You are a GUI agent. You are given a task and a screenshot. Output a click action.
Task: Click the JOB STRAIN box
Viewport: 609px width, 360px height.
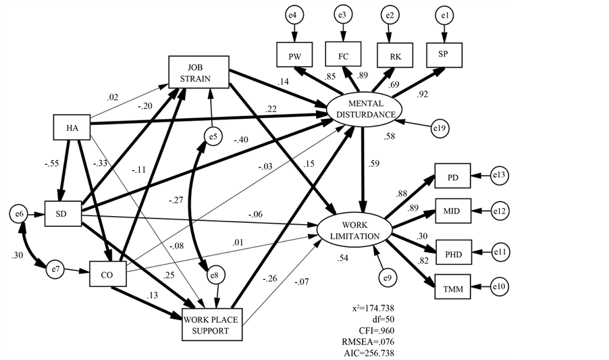(200, 70)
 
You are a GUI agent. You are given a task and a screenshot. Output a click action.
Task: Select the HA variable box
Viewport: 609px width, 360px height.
(72, 128)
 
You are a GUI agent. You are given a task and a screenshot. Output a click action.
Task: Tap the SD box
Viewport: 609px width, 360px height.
(63, 213)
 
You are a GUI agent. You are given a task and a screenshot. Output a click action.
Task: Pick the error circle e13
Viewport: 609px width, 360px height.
(500, 176)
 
